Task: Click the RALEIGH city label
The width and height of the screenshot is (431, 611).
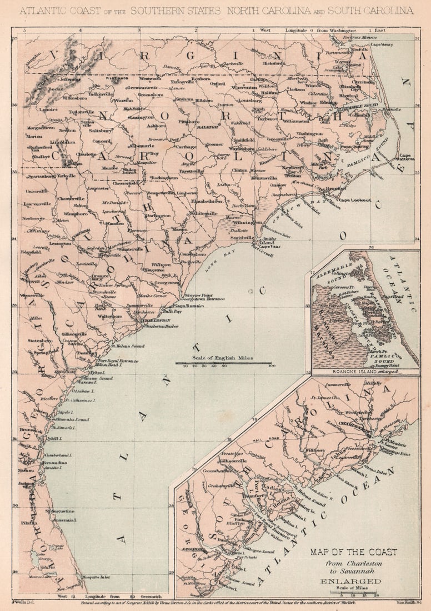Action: tap(206, 127)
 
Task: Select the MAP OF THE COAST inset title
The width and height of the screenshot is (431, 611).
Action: tap(354, 552)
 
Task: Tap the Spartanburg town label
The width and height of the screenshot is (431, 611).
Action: tap(39, 176)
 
